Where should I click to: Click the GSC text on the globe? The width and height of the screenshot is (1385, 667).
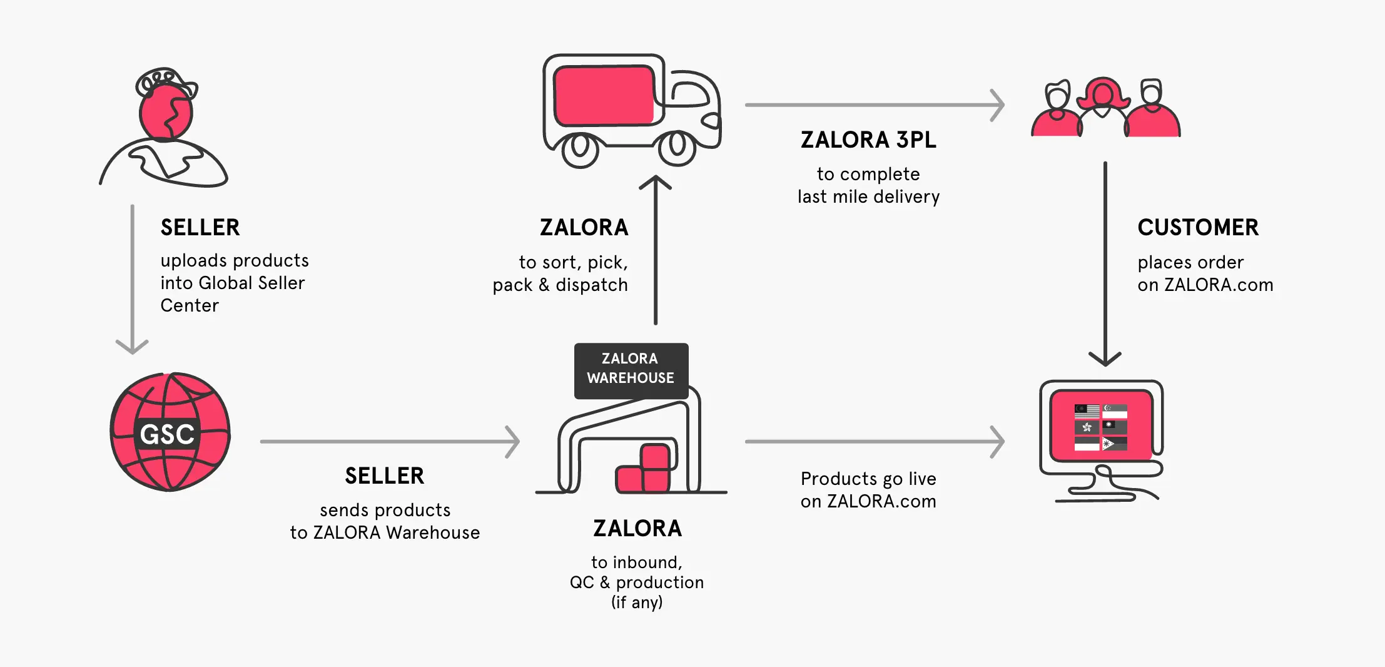(x=167, y=434)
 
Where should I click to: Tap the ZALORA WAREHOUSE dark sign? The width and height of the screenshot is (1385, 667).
(x=631, y=369)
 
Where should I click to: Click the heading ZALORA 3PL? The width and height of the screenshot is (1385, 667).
(x=868, y=140)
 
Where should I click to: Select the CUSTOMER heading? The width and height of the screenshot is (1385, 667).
(x=1197, y=227)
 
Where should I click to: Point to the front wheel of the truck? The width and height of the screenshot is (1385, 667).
(x=677, y=148)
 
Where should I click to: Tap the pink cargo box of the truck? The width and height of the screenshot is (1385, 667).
(x=604, y=96)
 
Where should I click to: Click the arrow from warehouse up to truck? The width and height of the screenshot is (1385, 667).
(x=656, y=250)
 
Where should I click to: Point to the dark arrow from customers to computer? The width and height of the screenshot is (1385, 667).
(x=1105, y=263)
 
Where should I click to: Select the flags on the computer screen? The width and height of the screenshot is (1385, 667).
(x=1100, y=427)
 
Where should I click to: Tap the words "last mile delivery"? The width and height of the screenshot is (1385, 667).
(x=868, y=196)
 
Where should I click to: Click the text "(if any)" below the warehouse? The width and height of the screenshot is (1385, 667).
(x=637, y=602)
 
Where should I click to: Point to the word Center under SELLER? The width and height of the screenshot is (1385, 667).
(x=190, y=305)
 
